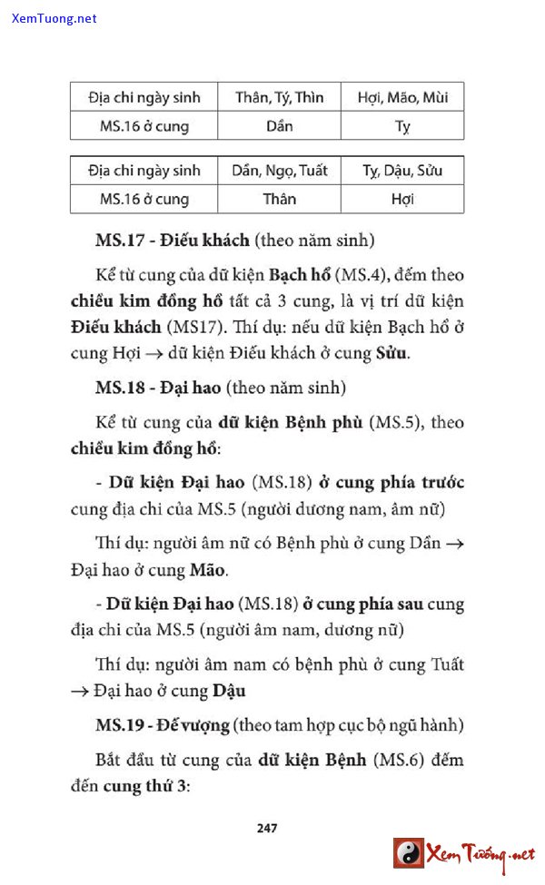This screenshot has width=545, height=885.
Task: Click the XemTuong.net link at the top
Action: click(x=54, y=18)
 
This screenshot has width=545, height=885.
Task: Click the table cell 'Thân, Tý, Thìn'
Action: click(x=279, y=97)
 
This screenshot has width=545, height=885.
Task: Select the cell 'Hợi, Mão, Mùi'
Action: click(x=402, y=97)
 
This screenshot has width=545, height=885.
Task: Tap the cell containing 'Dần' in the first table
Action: click(x=279, y=125)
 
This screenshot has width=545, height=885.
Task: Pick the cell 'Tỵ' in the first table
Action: click(x=402, y=126)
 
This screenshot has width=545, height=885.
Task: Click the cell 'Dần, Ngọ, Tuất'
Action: click(x=279, y=170)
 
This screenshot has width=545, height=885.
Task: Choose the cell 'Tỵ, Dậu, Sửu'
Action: click(x=402, y=170)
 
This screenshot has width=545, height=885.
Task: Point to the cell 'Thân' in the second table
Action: click(x=279, y=199)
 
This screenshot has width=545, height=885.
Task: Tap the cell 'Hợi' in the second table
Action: click(x=402, y=199)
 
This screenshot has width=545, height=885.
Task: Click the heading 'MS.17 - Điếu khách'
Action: click(x=173, y=241)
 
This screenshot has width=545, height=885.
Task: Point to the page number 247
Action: click(x=267, y=827)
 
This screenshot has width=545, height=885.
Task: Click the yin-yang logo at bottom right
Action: click(x=409, y=853)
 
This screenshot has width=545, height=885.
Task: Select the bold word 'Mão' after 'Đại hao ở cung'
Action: click(x=208, y=571)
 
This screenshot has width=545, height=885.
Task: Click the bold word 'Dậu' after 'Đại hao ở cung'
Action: click(x=229, y=690)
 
